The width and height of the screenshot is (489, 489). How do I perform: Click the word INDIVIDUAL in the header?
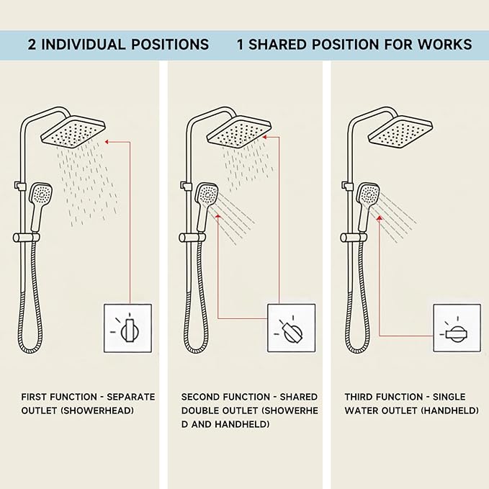click(x=84, y=44)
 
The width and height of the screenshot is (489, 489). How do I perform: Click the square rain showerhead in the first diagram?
click(x=73, y=132)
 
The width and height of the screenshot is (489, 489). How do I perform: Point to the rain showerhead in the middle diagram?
click(x=239, y=132)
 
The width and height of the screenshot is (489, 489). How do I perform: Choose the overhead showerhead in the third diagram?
click(x=400, y=132)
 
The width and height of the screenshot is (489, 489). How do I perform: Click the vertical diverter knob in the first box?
click(x=130, y=331)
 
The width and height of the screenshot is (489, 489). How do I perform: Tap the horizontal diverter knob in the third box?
click(x=457, y=334)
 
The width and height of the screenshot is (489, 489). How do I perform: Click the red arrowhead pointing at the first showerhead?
click(x=107, y=142)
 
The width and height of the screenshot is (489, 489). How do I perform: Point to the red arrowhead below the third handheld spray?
click(x=380, y=218)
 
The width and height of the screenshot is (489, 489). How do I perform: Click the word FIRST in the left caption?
click(x=34, y=397)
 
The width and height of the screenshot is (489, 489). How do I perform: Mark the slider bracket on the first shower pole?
click(x=27, y=238)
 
